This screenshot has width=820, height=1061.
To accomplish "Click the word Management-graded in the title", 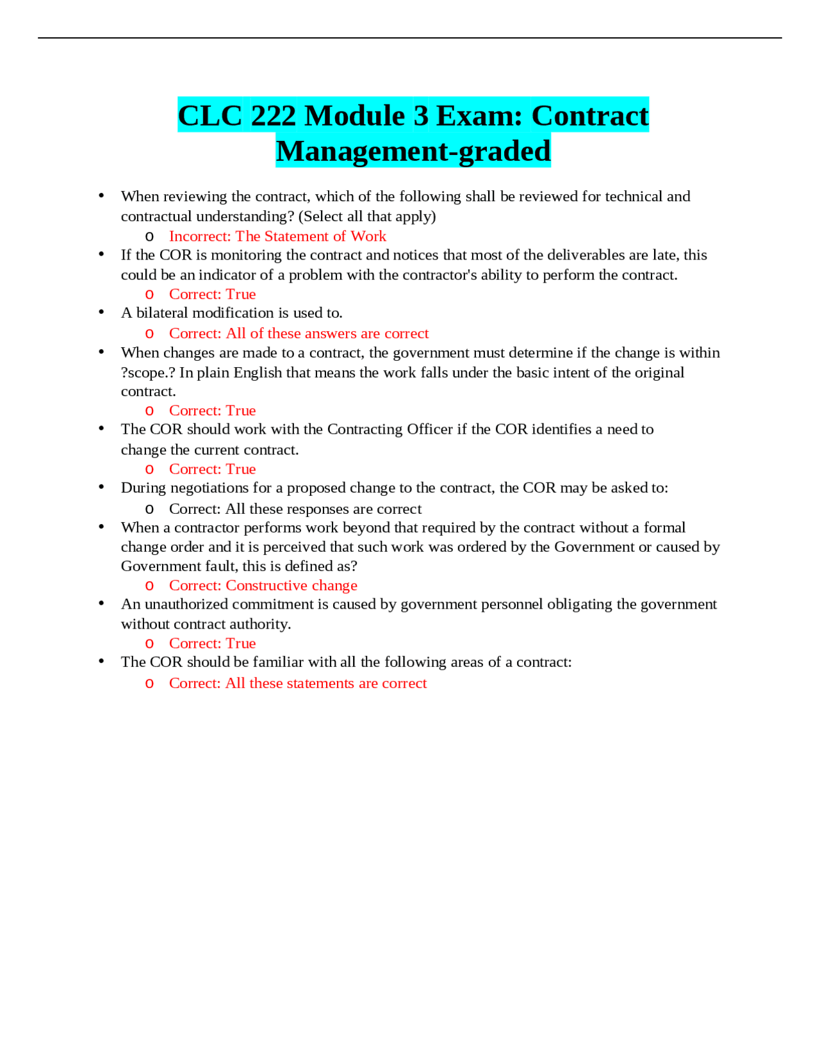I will pos(413,151).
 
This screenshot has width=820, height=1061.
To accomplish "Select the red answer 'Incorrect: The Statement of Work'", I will pos(277,236).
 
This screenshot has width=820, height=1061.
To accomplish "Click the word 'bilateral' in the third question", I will pos(163,313).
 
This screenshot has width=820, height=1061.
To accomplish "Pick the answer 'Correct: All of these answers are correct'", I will pos(299,333).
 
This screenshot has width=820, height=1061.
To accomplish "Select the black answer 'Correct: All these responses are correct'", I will pos(295,509).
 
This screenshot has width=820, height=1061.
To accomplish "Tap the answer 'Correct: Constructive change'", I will pos(263,586).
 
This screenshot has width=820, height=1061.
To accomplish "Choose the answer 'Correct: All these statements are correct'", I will pos(298,683).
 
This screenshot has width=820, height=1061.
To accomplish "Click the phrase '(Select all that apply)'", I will pos(367,217).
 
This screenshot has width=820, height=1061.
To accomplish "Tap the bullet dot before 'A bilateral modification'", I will pos(101,312).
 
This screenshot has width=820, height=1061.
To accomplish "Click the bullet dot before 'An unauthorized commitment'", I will pos(101,604).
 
